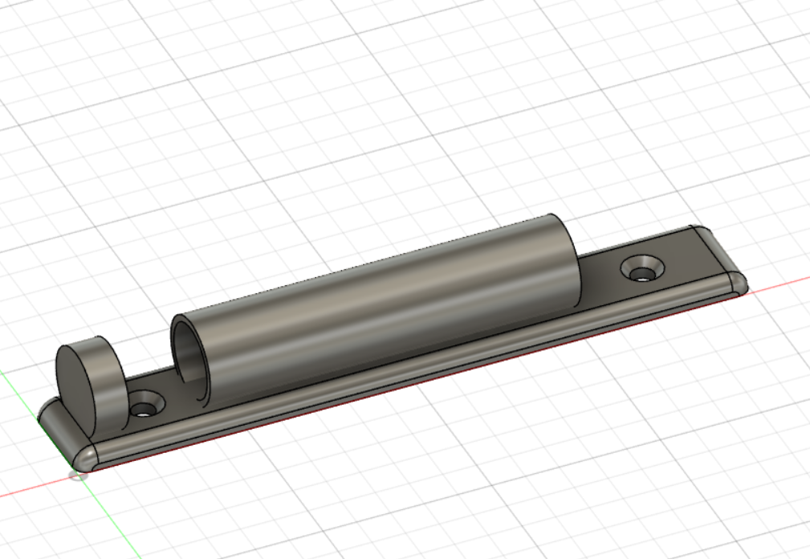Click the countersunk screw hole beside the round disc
145,403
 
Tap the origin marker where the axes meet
78,475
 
